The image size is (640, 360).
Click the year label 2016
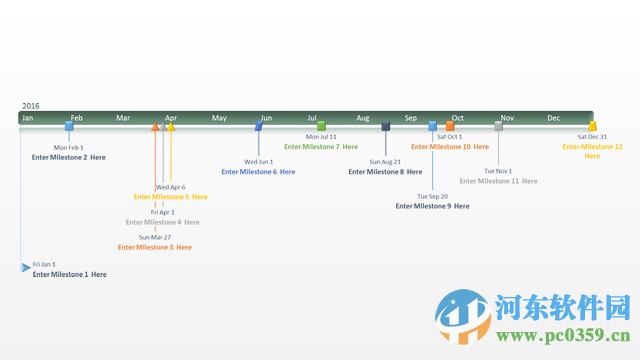tap(31, 105)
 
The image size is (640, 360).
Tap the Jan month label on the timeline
tap(28, 118)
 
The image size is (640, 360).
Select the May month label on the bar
tap(219, 118)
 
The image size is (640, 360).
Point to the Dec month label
tap(554, 118)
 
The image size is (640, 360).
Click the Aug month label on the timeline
tap(362, 118)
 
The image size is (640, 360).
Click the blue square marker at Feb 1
tap(69, 126)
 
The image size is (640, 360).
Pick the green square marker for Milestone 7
tap(321, 126)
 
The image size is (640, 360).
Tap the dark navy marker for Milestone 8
tap(386, 126)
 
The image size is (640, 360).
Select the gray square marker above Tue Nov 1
tap(499, 126)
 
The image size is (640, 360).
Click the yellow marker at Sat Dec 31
tap(593, 126)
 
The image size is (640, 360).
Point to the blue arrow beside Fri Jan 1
tap(26, 267)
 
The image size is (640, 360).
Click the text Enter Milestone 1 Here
tap(69, 274)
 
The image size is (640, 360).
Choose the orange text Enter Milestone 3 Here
tap(155, 247)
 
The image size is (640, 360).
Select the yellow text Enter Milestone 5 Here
tap(171, 197)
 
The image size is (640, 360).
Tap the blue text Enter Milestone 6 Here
tap(258, 172)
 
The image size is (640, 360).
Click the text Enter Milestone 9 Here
tap(432, 206)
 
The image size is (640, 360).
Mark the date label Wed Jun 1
tap(259, 161)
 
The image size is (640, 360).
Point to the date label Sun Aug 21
tap(385, 161)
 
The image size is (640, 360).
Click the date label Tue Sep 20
tap(433, 196)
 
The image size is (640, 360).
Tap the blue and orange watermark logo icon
tap(463, 316)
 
